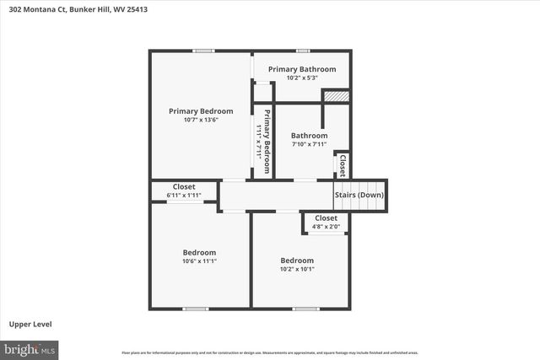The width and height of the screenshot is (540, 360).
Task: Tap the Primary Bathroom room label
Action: click(x=301, y=69)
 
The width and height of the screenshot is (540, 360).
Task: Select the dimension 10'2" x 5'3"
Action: click(x=301, y=78)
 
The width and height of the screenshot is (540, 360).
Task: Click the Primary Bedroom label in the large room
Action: click(x=201, y=110)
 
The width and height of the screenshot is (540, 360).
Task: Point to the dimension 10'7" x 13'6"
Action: click(x=201, y=120)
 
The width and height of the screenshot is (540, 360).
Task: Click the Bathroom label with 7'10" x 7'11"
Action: click(x=309, y=135)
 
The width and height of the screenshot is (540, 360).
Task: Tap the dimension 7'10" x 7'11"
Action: click(x=309, y=144)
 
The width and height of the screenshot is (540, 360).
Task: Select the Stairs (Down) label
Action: click(x=359, y=195)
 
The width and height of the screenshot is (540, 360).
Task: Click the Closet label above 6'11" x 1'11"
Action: click(x=184, y=186)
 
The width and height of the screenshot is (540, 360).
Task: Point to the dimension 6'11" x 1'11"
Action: click(x=184, y=196)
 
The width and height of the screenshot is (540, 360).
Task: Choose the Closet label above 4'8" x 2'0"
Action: click(x=326, y=218)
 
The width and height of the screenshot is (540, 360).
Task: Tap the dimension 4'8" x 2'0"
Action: click(x=326, y=226)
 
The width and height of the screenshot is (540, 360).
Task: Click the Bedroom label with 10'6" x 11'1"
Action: click(x=199, y=252)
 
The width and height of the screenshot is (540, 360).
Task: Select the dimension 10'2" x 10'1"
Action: click(x=297, y=270)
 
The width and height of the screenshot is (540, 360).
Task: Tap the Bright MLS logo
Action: click(x=29, y=348)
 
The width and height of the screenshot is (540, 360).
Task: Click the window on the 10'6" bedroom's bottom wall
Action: click(x=196, y=309)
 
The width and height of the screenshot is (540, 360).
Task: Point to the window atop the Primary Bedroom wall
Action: click(x=202, y=51)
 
